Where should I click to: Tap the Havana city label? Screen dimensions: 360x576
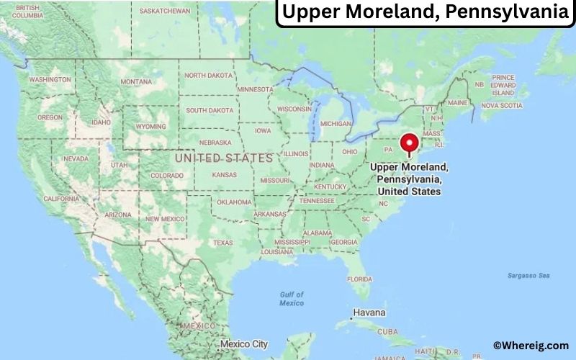click(x=369, y=313)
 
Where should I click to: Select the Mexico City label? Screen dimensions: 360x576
click(x=245, y=344)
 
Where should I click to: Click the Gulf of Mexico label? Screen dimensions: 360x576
click(x=291, y=299)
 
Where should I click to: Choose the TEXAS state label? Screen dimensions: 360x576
click(x=223, y=243)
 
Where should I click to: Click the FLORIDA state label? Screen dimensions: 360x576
click(x=359, y=279)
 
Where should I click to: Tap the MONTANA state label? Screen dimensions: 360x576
click(x=136, y=82)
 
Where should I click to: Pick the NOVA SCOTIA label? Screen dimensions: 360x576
click(x=501, y=105)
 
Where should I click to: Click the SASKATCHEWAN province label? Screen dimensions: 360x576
click(x=164, y=12)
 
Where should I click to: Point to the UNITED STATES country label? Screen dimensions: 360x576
click(x=224, y=158)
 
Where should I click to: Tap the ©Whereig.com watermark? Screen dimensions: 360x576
click(x=531, y=346)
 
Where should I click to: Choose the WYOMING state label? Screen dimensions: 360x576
click(x=150, y=126)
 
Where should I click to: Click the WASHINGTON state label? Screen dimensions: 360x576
click(x=50, y=79)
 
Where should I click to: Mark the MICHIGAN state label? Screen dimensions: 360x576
click(x=336, y=123)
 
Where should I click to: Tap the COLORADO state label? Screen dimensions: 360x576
click(x=167, y=175)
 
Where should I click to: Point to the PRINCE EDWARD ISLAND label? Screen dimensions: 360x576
click(x=503, y=85)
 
